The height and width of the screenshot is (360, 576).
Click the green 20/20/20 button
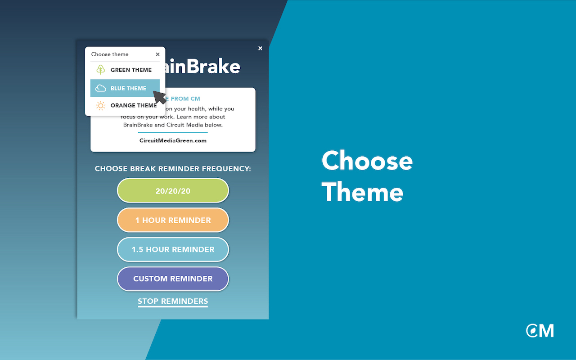pos(173,191)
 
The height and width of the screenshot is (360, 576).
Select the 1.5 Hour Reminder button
pos(173,249)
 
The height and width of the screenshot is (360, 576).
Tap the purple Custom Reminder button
pos(173,279)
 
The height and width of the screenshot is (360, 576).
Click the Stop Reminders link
pos(173,301)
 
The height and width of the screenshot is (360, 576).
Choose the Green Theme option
pos(131,70)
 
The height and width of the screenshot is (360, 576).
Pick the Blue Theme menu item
pos(128,88)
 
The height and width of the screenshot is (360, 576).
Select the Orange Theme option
pos(133,105)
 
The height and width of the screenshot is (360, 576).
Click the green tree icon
pos(101,70)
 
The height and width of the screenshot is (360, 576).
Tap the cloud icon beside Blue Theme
pos(101,88)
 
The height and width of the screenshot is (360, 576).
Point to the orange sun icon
pos(101,106)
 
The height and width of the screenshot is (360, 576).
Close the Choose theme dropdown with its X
pos(157,54)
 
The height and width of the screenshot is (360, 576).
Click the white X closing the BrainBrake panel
pos(260,49)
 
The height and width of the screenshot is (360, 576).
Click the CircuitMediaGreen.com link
pos(173,140)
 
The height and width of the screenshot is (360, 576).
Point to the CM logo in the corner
pos(540,331)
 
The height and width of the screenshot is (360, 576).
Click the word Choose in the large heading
pos(367,161)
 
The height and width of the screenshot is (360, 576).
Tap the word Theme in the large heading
pos(362,192)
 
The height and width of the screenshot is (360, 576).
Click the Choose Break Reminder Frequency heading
pos(173,169)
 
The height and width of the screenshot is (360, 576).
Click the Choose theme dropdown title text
pos(110,54)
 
